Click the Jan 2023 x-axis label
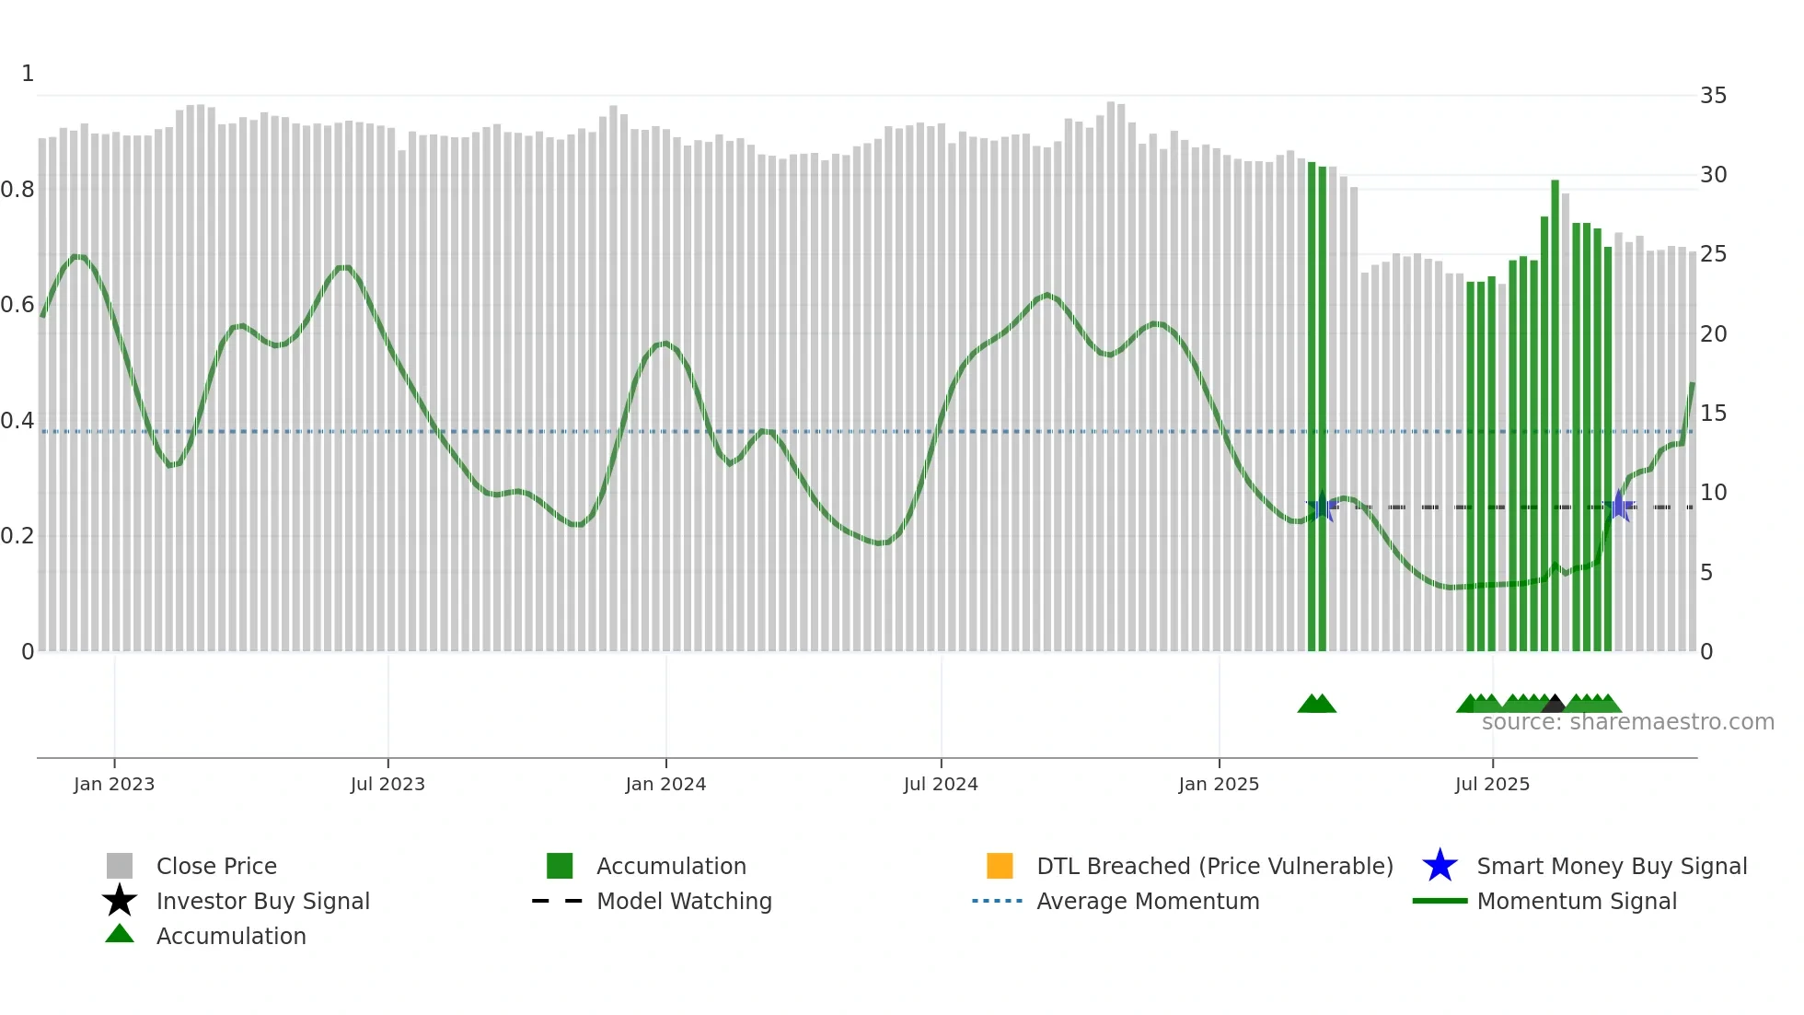coord(114,784)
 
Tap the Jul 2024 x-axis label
coord(941,784)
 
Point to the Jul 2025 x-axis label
coord(1492,784)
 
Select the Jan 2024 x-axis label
coord(665,784)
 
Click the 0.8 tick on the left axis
coord(17,190)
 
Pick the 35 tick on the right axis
coord(1713,96)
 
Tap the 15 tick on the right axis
coord(1713,414)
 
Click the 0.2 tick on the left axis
coord(17,536)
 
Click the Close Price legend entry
coord(216,866)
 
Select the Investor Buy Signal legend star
coord(120,901)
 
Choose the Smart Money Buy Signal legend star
coord(1440,866)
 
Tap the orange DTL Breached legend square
coord(1000,866)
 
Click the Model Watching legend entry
coord(684,901)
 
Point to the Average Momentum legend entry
coord(1148,901)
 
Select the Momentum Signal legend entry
coord(1577,901)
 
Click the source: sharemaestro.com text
coord(1627,722)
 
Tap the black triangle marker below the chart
coord(1554,704)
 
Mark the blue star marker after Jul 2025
coord(1619,507)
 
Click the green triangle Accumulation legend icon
coord(120,934)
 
